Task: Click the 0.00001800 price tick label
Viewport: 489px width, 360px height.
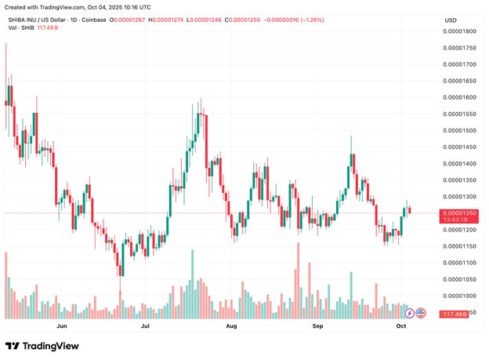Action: pos(460,31)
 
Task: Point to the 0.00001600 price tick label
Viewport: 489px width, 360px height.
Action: pos(460,97)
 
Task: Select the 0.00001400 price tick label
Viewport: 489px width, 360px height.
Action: pos(460,163)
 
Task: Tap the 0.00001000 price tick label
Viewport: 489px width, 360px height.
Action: pos(460,296)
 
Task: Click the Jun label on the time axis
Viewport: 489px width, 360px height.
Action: pos(62,324)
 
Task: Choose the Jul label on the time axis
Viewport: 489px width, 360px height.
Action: pos(145,324)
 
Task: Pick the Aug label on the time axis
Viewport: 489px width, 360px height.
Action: pos(230,324)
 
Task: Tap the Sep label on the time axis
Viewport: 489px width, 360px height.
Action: pos(317,324)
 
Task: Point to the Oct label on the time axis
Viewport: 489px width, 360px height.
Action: pos(401,324)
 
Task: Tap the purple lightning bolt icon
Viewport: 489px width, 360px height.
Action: pos(409,313)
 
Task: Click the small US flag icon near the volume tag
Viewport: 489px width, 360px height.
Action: pos(421,313)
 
